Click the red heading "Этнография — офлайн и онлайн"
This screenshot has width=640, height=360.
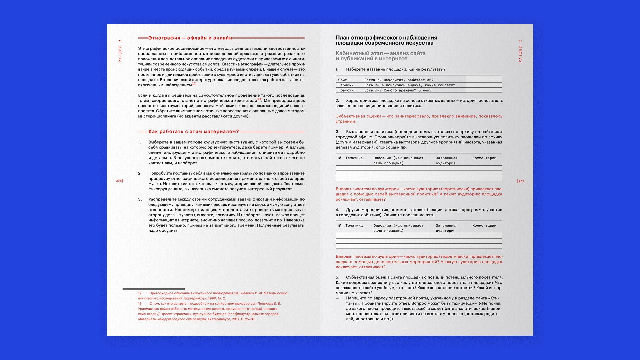[190, 38]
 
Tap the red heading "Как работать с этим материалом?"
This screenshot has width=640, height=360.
[194, 132]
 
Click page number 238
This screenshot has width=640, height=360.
[119, 181]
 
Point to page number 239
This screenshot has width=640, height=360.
[521, 181]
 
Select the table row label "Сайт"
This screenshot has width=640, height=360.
[342, 80]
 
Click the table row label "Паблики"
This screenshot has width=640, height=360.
[346, 85]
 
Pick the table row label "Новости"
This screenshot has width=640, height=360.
[346, 90]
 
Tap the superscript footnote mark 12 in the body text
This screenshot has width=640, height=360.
[194, 83]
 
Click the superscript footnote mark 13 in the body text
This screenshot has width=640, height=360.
[259, 99]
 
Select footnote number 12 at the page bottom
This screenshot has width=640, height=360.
[140, 293]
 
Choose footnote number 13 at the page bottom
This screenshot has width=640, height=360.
[140, 304]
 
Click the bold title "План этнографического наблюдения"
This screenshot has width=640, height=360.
[386, 38]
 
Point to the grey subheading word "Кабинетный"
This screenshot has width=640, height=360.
[352, 53]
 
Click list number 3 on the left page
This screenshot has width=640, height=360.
[140, 199]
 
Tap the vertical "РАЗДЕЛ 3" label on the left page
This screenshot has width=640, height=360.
[120, 51]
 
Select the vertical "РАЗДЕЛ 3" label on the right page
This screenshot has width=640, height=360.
[520, 51]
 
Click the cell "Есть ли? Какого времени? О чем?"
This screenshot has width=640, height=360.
[397, 90]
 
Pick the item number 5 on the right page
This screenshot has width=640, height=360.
[337, 277]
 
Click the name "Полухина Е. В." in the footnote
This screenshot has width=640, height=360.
[269, 304]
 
